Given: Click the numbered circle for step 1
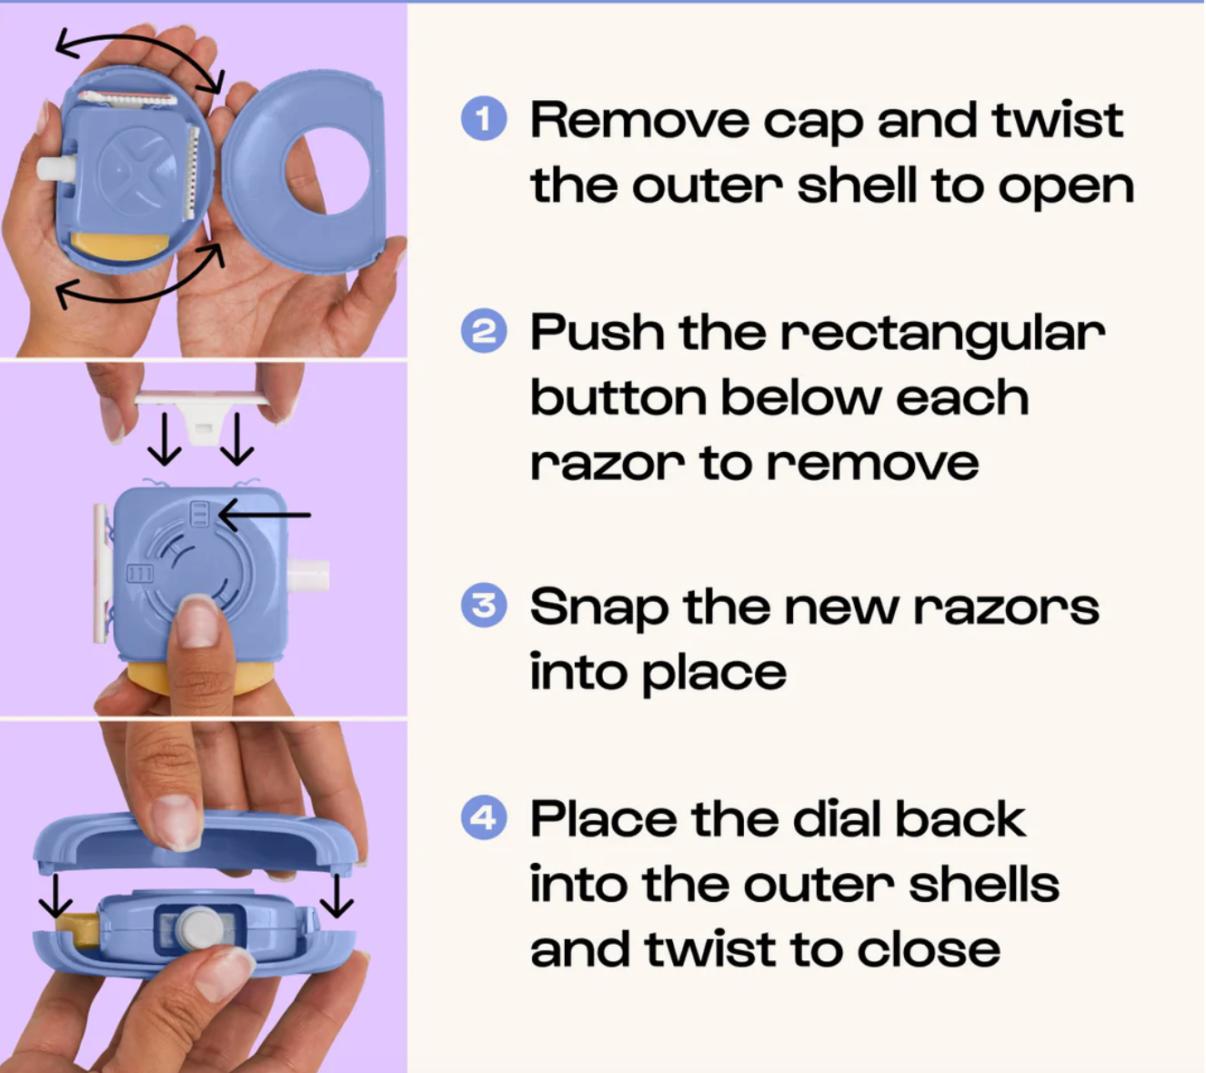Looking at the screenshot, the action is (484, 118).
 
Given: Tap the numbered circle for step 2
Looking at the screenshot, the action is (484, 331).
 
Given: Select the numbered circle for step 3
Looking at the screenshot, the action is (484, 606).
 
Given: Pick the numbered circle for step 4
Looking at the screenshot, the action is (484, 817).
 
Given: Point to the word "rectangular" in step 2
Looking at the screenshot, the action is (943, 335).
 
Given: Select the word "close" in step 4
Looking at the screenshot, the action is (928, 950).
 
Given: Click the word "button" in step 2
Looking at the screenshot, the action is (618, 397).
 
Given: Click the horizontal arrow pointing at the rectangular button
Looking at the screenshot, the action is (265, 516).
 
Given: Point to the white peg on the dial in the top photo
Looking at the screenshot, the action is (55, 168).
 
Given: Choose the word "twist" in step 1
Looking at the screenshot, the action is (1058, 121).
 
